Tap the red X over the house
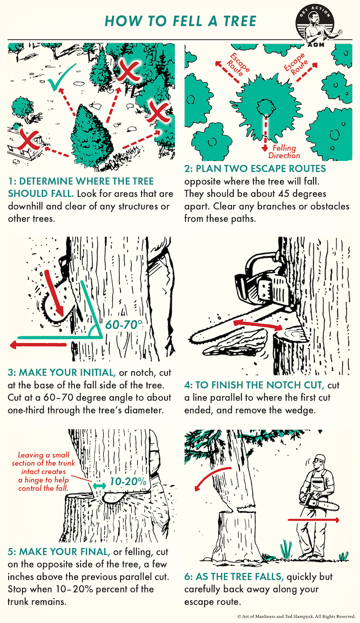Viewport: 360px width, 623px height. [x=27, y=140]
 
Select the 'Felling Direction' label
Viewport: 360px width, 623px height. [x=284, y=152]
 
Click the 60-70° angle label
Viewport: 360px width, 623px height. [x=124, y=325]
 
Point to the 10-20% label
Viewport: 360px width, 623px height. [x=128, y=482]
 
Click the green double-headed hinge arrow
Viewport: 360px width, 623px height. [x=99, y=486]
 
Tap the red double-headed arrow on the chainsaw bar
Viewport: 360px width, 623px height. [x=258, y=325]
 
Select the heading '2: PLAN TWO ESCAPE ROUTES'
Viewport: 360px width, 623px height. [x=255, y=169]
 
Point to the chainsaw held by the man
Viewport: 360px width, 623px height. [x=319, y=500]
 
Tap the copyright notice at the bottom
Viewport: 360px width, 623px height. [x=297, y=616]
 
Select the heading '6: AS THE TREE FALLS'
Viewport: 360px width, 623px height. [x=234, y=576]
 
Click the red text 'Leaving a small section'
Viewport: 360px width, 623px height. [x=43, y=459]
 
